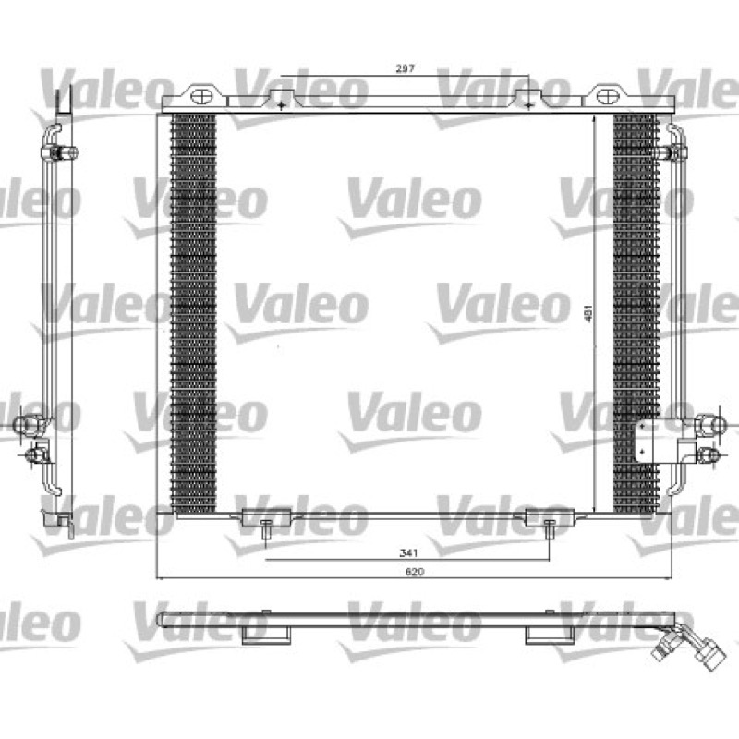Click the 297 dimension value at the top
click(405, 68)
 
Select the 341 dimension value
click(408, 552)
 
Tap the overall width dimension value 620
click(414, 572)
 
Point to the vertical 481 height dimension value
click(588, 313)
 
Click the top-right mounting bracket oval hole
click(608, 97)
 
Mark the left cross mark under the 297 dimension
click(281, 105)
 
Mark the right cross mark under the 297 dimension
click(528, 105)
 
